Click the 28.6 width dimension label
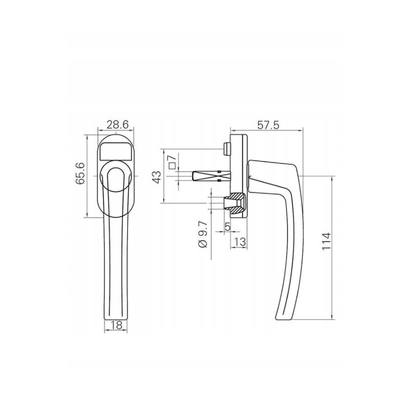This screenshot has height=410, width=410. [x=117, y=125]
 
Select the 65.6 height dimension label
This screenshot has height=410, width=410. [x=80, y=174]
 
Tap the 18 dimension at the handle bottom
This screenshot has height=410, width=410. [x=116, y=325]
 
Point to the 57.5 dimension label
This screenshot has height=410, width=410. [x=268, y=125]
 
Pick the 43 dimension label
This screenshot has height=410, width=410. [x=157, y=177]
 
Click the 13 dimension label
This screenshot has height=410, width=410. [x=239, y=242]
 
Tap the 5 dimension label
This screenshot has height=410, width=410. [x=228, y=227]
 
